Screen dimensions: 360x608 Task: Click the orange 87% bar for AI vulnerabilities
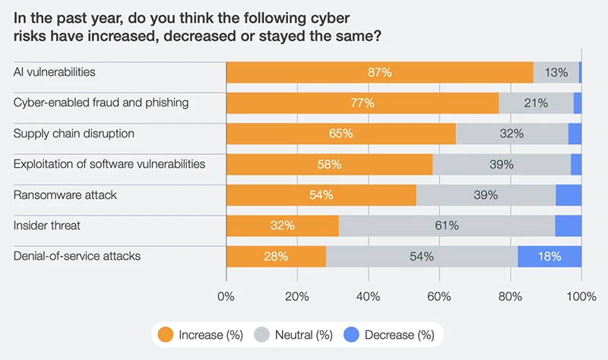click(x=379, y=72)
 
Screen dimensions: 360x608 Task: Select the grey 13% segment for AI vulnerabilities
click(x=556, y=72)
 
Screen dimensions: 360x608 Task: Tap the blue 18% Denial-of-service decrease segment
click(x=549, y=256)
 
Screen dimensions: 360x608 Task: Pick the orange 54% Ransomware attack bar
click(x=321, y=194)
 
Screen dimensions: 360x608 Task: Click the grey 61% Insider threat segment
click(x=446, y=226)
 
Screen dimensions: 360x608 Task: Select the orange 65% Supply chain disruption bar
click(x=340, y=134)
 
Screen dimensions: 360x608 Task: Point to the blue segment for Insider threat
click(x=568, y=226)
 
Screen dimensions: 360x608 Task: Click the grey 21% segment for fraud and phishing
click(x=536, y=103)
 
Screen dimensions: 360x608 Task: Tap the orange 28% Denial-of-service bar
click(x=276, y=256)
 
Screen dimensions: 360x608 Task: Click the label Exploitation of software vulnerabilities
click(x=109, y=163)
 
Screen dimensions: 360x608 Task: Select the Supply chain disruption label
click(x=74, y=133)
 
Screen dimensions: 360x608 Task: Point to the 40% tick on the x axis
click(x=369, y=295)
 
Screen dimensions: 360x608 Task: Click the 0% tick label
click(x=226, y=295)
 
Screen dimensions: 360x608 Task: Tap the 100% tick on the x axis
click(x=581, y=295)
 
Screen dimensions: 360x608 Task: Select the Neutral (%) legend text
click(x=302, y=334)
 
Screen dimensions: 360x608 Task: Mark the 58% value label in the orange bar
click(x=329, y=164)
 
